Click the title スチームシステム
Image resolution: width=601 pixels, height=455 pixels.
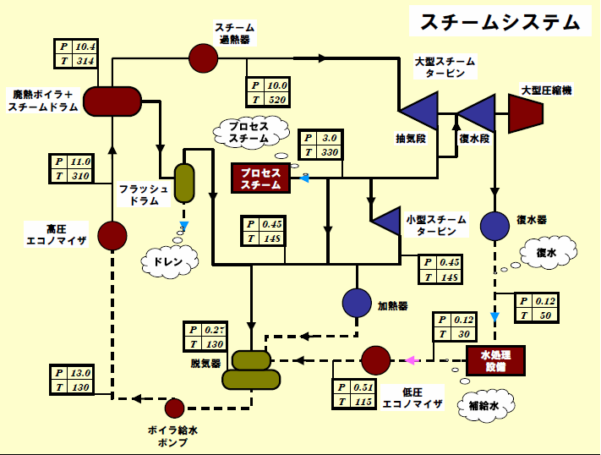(500, 22)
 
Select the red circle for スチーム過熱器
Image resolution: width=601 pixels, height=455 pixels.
(203, 58)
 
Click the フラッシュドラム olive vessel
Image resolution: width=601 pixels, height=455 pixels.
(184, 184)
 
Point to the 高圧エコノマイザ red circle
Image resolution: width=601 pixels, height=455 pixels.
(112, 235)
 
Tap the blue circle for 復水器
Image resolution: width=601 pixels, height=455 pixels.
(494, 225)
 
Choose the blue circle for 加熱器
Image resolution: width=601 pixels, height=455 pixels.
(357, 303)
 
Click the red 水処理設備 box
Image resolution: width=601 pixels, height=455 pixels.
(496, 360)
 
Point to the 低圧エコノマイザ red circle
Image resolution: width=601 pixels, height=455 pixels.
(376, 360)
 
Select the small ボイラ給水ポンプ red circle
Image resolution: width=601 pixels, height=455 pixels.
(174, 408)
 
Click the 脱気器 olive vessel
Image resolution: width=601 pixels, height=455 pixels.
(251, 370)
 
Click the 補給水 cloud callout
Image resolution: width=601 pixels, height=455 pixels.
(485, 405)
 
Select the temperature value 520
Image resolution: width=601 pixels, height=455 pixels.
(277, 100)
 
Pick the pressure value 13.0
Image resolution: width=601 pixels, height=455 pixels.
(81, 372)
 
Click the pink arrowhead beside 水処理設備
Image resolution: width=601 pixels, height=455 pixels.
(411, 360)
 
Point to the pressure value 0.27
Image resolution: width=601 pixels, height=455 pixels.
(215, 330)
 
